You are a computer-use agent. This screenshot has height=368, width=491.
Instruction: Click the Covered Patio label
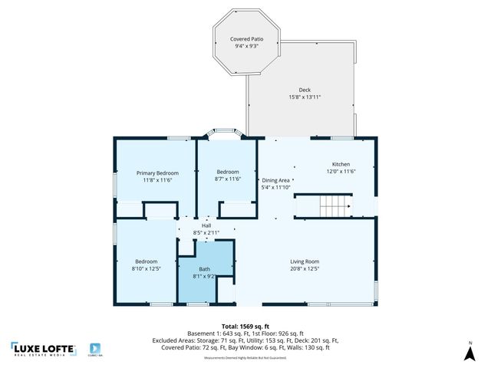tap(245, 39)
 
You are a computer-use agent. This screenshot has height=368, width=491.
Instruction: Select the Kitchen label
tap(341, 165)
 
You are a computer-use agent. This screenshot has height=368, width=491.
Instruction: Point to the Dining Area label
tap(275, 180)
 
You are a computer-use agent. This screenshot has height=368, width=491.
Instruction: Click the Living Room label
tap(305, 261)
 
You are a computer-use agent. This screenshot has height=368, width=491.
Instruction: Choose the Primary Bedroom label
tap(157, 172)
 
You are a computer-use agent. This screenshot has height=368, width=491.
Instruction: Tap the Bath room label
tap(204, 269)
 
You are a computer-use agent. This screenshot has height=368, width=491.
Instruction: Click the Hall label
tap(206, 225)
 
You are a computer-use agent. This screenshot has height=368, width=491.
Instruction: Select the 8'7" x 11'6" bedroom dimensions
tap(227, 179)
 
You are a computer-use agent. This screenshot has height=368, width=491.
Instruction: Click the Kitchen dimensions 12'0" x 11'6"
tap(341, 172)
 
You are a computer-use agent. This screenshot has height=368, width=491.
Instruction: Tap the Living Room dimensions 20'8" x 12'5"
tap(305, 268)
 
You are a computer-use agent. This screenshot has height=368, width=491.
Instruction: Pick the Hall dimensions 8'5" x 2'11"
tap(206, 232)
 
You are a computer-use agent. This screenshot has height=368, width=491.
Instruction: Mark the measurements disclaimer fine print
tap(245, 358)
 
